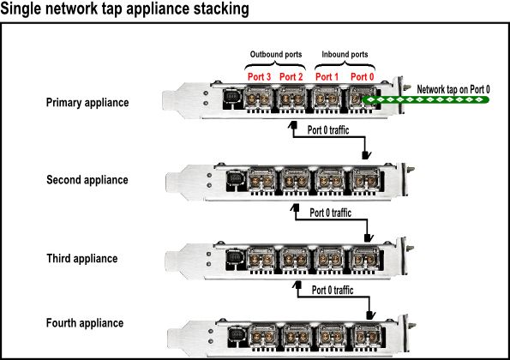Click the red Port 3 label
pyautogui.click(x=259, y=77)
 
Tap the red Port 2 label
pyautogui.click(x=291, y=77)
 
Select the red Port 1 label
pyautogui.click(x=327, y=77)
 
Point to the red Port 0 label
pyautogui.click(x=362, y=77)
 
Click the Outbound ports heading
pyautogui.click(x=276, y=54)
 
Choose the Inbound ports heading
pyautogui.click(x=345, y=54)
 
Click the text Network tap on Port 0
pyautogui.click(x=453, y=89)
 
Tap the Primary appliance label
pyautogui.click(x=87, y=103)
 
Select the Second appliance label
pyautogui.click(x=87, y=180)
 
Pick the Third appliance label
pyautogui.click(x=82, y=259)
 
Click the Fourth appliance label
pyautogui.click(x=85, y=323)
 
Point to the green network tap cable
pyautogui.click(x=425, y=99)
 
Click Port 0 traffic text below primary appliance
pyautogui.click(x=328, y=130)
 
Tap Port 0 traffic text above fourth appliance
pyautogui.click(x=333, y=290)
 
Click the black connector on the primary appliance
pyautogui.click(x=232, y=99)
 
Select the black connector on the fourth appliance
pyautogui.click(x=237, y=337)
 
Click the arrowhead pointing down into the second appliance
pyautogui.click(x=366, y=155)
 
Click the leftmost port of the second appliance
pyautogui.click(x=261, y=181)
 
